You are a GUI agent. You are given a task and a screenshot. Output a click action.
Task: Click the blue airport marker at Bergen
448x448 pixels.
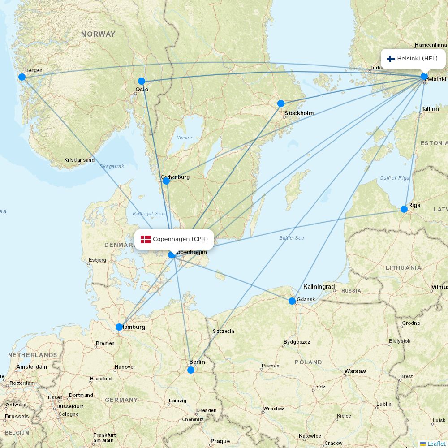tap(22, 77)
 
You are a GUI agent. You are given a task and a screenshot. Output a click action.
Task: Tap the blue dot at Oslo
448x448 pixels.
tap(142, 81)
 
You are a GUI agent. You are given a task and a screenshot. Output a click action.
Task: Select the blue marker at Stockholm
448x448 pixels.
tap(281, 103)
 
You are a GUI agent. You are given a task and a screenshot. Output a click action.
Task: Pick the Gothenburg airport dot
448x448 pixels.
tap(166, 181)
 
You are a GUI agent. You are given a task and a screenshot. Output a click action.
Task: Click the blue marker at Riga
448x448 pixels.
tap(404, 209)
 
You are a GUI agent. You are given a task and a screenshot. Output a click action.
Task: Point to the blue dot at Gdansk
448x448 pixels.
tap(292, 301)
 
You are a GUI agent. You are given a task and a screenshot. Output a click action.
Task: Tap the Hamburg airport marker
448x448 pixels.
tap(119, 327)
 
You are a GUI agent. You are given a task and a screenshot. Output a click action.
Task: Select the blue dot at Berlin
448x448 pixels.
tap(191, 370)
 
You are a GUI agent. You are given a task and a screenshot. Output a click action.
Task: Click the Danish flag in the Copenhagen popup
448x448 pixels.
tap(145, 239)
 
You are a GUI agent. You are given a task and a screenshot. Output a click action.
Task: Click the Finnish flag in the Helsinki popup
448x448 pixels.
tap(391, 59)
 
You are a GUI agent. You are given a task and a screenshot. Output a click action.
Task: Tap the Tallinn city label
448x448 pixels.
tap(430, 109)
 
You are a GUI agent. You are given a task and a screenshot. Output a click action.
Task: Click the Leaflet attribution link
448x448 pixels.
tap(436, 444)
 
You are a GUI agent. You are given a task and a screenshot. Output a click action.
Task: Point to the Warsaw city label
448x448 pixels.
tap(355, 371)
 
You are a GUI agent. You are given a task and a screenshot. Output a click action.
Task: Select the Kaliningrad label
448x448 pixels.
tap(319, 287)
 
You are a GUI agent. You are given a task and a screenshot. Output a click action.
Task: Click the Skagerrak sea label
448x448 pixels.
tap(112, 166)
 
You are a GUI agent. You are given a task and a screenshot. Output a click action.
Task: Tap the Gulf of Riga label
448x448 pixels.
tap(394, 178)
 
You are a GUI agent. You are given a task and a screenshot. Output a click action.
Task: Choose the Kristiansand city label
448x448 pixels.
tap(79, 160)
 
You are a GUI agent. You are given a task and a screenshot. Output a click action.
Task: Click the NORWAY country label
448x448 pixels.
tap(98, 34)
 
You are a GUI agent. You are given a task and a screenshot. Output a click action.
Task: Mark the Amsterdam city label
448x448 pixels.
tap(31, 367)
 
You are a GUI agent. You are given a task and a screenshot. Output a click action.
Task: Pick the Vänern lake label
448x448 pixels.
tap(184, 138)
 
